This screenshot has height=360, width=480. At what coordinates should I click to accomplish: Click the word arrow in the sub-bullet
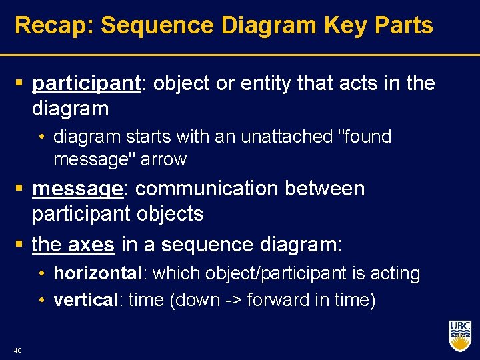pos(165,160)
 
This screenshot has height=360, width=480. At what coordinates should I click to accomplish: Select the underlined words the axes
pos(73,245)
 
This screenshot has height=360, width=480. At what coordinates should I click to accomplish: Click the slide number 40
pos(17,349)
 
